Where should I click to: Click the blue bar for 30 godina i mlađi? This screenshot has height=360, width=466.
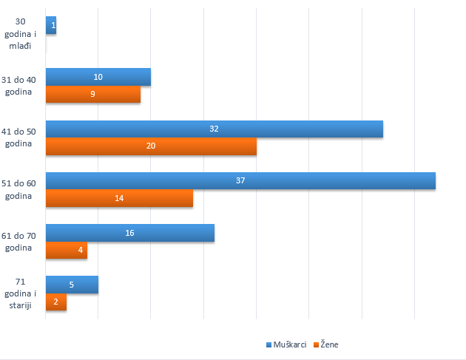pos(50,26)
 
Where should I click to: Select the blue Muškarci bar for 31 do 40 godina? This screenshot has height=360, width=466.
pos(98,77)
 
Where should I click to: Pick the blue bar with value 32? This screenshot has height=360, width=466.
pos(214,129)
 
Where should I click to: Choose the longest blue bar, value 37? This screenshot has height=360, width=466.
pos(240,181)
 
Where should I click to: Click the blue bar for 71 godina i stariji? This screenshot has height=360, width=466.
pos(72,285)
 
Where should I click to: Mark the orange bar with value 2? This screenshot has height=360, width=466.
pos(55,302)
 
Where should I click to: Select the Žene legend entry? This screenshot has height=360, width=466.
pos(326,344)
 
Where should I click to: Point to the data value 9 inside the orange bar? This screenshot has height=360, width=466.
pos(92,95)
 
